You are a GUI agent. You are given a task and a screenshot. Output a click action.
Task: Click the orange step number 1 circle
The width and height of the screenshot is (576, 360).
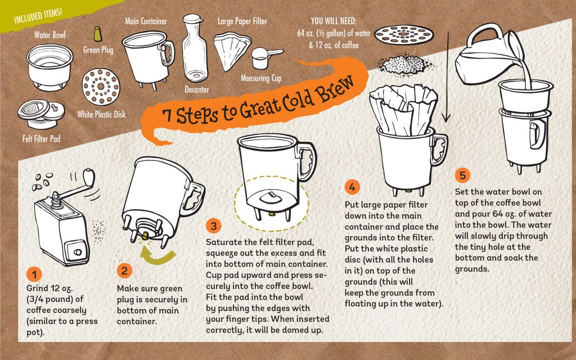[x=34, y=274]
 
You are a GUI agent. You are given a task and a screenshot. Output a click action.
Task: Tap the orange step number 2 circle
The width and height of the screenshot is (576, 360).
[x=124, y=270]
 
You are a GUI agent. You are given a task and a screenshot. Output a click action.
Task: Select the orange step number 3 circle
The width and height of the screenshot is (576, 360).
[x=213, y=226]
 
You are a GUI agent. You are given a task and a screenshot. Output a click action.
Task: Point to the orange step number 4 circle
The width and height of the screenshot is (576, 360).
[x=352, y=186]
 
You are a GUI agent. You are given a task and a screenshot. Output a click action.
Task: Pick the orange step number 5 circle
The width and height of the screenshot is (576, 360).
[x=462, y=175]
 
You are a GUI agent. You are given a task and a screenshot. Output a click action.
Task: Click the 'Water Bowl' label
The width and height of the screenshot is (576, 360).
[x=49, y=35]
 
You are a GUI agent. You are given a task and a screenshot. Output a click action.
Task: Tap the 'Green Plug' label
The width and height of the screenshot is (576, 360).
[x=98, y=50]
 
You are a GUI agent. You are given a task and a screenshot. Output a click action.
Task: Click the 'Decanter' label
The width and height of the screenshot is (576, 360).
[x=197, y=89]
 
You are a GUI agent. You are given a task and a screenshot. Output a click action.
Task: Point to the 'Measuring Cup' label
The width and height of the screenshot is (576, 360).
[x=261, y=78]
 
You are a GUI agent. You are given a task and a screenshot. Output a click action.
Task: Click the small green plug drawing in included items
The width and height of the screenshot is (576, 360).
[x=97, y=33]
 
